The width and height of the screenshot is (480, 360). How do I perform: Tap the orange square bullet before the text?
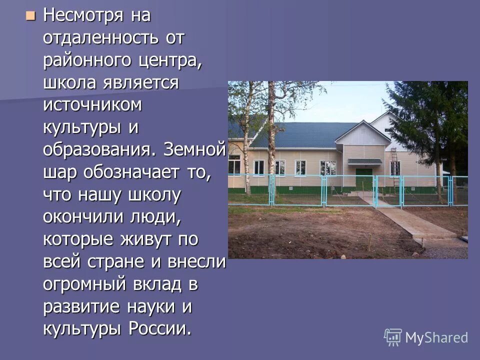31,16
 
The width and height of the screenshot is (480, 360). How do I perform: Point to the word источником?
92,105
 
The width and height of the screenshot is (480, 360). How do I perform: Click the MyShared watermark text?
436,337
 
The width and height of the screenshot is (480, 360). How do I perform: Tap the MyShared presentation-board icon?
393,337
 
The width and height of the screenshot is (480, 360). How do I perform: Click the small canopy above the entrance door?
364,161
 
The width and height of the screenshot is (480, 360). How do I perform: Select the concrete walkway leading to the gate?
410,222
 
